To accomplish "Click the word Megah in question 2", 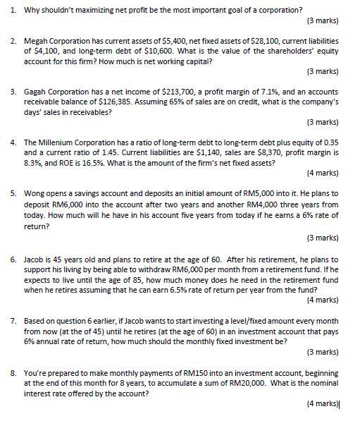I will (x=37, y=42).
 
